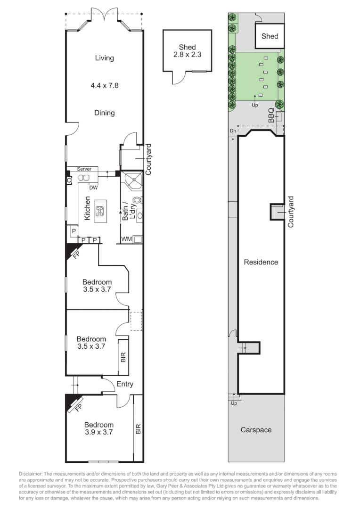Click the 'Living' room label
tap(104, 58)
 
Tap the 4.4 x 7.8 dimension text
tap(104, 86)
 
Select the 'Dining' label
tap(104, 113)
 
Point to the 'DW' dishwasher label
tap(93, 188)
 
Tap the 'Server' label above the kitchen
tap(84, 169)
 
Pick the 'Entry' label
tap(125, 384)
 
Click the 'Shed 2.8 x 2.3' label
tap(187, 51)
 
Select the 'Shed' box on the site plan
tap(270, 36)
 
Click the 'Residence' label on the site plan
tap(261, 262)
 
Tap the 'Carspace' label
tap(256, 430)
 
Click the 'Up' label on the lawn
tap(255, 105)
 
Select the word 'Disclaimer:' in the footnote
tap(31, 473)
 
